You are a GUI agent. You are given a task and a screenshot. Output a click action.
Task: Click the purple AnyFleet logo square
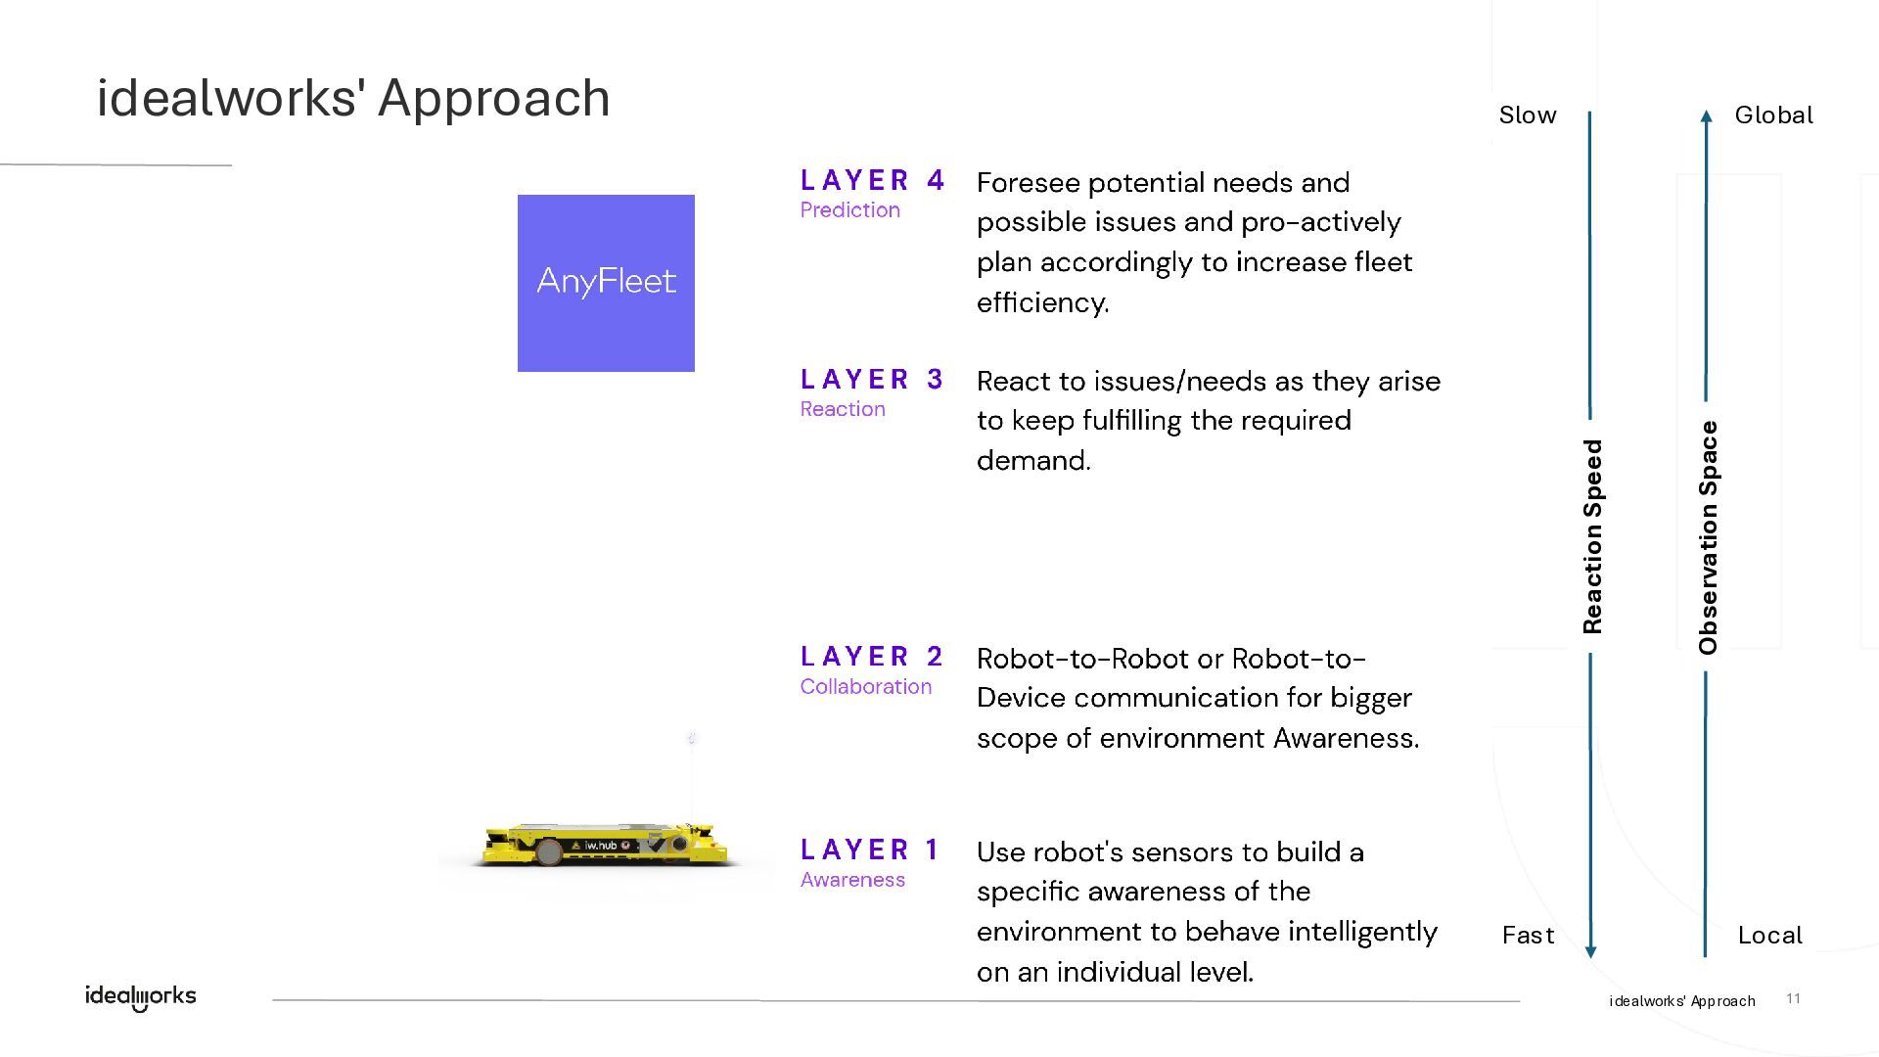click(x=606, y=283)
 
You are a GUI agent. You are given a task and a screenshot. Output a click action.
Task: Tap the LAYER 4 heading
click(x=872, y=180)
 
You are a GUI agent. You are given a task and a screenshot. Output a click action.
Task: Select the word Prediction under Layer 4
click(x=849, y=209)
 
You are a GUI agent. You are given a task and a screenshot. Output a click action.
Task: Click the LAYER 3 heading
click(x=872, y=379)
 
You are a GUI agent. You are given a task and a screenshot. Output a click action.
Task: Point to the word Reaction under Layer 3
click(x=843, y=409)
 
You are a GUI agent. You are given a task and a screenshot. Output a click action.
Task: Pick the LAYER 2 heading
click(x=872, y=656)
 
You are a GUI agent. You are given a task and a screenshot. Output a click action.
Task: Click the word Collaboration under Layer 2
click(x=865, y=686)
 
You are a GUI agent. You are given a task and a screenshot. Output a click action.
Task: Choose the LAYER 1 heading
click(x=870, y=849)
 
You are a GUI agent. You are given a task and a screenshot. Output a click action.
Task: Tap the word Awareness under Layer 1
click(x=852, y=879)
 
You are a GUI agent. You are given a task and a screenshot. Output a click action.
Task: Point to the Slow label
click(x=1528, y=115)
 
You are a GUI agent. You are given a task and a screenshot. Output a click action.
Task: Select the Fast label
click(x=1528, y=936)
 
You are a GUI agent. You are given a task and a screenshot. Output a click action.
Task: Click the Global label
click(x=1773, y=115)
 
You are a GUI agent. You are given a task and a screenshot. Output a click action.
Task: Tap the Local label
click(x=1769, y=936)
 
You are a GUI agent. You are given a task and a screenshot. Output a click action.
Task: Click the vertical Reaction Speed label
click(x=1592, y=536)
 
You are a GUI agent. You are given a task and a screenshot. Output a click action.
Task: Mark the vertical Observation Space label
click(x=1708, y=537)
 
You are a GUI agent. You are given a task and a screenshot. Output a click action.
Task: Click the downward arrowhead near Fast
click(x=1590, y=951)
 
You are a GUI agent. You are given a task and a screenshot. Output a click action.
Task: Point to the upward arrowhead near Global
click(x=1707, y=115)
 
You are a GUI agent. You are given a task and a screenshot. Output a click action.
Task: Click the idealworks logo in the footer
click(x=141, y=996)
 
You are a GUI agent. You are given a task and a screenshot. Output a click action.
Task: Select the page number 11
click(x=1793, y=998)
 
